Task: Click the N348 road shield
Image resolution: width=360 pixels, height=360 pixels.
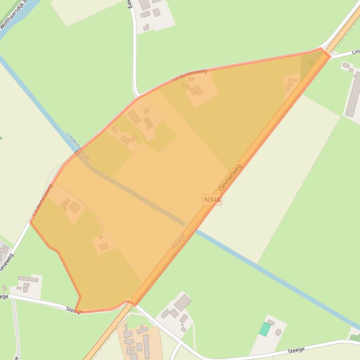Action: pyautogui.click(x=212, y=200)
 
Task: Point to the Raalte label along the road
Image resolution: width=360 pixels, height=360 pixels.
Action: pyautogui.click(x=179, y=241)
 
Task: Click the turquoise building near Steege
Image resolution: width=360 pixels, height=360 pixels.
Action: pyautogui.click(x=265, y=329)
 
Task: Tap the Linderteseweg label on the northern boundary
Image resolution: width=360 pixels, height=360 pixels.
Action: pyautogui.click(x=189, y=75)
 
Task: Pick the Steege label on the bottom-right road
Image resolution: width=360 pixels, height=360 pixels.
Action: pyautogui.click(x=296, y=350)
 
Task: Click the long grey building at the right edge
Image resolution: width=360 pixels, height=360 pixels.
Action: pyautogui.click(x=353, y=94)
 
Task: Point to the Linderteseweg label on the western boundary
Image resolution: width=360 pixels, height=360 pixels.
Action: pyautogui.click(x=43, y=200)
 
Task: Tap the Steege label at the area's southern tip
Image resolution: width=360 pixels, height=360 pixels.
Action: pyautogui.click(x=74, y=310)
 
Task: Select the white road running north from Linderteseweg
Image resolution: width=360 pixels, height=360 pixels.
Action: pyautogui.click(x=134, y=51)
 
